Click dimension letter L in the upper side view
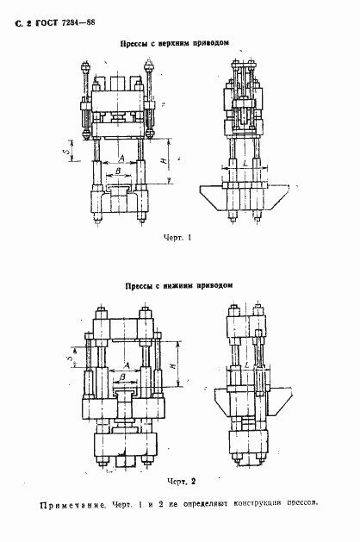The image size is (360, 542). click(x=246, y=161)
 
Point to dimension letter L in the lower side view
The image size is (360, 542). click(x=247, y=365)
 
